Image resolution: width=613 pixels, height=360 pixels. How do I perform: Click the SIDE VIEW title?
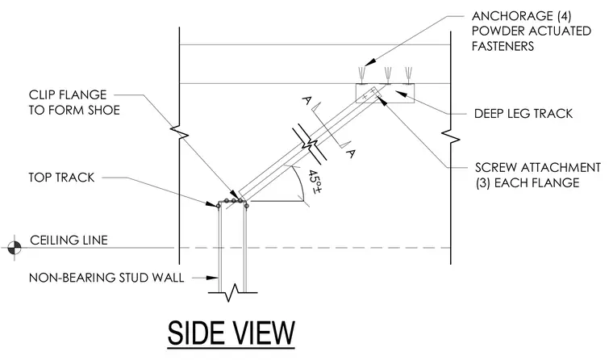pos(231,333)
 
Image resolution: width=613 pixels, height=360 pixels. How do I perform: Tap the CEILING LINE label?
pos(69,241)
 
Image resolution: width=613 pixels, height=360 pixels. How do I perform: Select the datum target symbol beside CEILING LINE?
pos(15,247)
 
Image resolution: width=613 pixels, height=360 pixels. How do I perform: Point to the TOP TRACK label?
pos(61,178)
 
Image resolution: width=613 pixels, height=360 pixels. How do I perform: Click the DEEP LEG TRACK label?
pos(523,114)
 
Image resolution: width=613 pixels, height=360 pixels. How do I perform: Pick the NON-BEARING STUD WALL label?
pos(106,278)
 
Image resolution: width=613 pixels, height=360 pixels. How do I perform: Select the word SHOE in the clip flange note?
pos(104,111)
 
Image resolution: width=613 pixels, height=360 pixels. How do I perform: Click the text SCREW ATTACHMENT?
pos(537,168)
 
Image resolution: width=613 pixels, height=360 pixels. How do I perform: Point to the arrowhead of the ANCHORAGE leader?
pos(369,62)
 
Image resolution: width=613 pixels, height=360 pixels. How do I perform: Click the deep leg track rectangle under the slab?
pos(385,93)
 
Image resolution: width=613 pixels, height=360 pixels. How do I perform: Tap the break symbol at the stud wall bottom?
pos(232,293)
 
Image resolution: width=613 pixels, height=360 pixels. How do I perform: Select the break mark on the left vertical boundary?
pos(179,133)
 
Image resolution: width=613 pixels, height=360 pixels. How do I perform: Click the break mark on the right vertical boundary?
pos(450,138)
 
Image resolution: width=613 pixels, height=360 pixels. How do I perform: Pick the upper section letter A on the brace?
pos(306,102)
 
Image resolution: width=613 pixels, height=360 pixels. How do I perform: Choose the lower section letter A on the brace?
pos(351,153)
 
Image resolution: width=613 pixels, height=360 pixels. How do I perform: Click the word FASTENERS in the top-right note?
pos(502,47)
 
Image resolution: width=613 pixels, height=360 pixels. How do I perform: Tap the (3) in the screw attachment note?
pos(483,183)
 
